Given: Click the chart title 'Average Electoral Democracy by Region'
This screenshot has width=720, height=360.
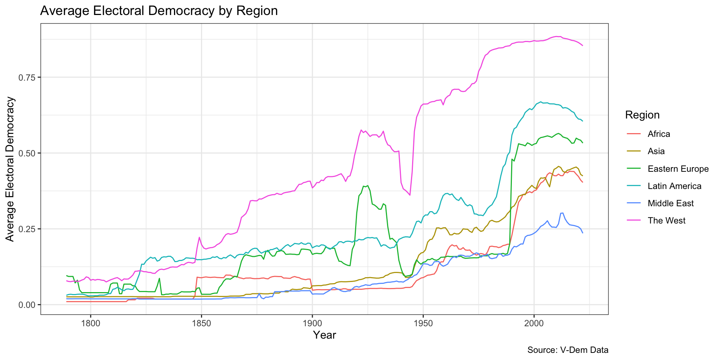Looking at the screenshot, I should (x=159, y=11).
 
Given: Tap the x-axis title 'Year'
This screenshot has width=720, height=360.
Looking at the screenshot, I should (x=324, y=335).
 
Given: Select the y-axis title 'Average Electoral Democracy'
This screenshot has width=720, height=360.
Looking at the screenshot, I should (x=10, y=169).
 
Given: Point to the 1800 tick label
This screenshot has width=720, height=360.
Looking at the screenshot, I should (x=90, y=323).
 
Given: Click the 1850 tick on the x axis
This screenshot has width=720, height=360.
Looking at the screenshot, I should (x=201, y=323).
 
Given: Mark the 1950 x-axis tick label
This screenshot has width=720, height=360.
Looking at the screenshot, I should (x=423, y=323).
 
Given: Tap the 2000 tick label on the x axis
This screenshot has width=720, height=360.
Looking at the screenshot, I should (x=534, y=323).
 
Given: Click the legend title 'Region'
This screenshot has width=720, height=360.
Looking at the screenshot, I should (x=642, y=115).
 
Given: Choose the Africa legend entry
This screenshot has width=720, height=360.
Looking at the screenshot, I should (x=658, y=134).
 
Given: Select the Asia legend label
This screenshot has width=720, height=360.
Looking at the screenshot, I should (x=656, y=151).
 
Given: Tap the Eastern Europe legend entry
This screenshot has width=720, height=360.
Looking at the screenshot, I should (x=678, y=169).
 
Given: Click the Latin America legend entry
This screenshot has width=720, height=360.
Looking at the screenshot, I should (x=674, y=186).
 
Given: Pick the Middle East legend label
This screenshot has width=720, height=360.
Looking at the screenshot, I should (x=670, y=203).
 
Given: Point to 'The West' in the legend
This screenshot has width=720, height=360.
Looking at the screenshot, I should (x=666, y=220).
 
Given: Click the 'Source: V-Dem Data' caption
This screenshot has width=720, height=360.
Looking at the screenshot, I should (x=568, y=350).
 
